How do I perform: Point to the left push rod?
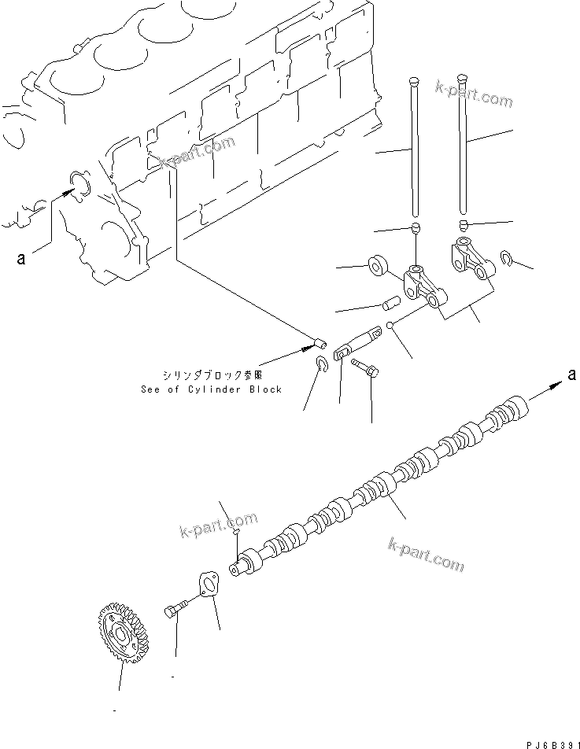(x=414, y=149)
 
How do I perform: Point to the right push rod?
(x=462, y=146)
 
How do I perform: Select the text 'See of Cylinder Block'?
(x=211, y=389)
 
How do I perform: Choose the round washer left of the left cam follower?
(x=377, y=264)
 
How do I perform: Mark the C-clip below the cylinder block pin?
(x=321, y=363)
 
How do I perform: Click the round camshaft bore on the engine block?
(x=79, y=184)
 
